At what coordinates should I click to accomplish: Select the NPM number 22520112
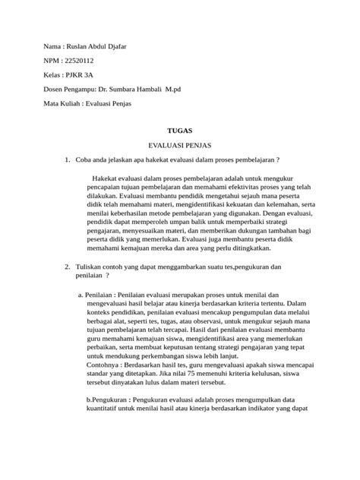tap(81, 59)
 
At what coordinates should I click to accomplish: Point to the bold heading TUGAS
tap(180, 131)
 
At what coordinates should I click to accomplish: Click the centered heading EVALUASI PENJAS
tap(180, 145)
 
